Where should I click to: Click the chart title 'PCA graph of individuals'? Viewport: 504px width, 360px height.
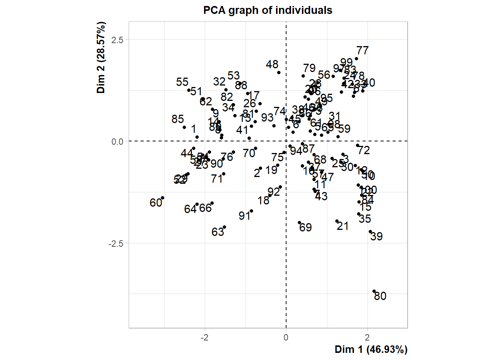(267, 10)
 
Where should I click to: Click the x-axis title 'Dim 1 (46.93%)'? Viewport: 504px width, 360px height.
(371, 349)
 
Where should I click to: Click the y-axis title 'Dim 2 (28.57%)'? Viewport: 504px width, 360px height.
(101, 57)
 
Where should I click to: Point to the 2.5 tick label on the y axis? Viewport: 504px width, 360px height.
(117, 40)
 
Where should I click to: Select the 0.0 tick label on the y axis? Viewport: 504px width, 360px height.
(117, 142)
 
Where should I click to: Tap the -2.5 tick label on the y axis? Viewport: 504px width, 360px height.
(115, 244)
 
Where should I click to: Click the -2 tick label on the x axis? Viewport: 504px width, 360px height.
(204, 337)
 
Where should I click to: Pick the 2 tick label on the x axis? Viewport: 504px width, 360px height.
(367, 337)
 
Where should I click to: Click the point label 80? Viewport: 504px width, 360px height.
(380, 296)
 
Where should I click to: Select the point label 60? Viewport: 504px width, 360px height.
(156, 203)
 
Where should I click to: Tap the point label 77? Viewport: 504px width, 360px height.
(362, 51)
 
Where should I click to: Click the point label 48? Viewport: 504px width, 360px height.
(272, 65)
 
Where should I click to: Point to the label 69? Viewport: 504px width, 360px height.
(306, 228)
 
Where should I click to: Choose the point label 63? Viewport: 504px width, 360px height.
(218, 232)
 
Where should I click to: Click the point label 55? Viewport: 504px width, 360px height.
(182, 82)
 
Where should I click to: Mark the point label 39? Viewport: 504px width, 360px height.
(376, 237)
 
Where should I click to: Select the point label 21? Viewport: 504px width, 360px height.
(343, 226)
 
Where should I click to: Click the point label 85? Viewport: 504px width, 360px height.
(178, 119)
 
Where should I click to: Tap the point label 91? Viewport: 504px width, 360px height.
(244, 216)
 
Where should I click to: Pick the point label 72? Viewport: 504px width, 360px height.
(364, 150)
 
